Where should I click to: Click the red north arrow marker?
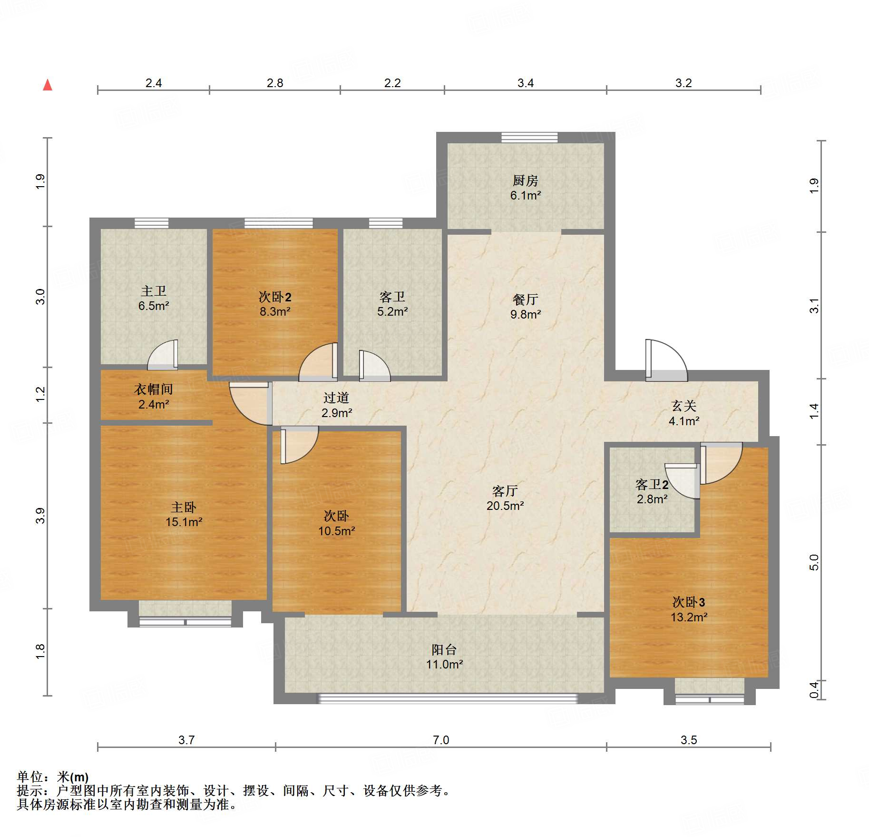tap(48, 85)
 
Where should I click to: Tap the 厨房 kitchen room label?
tap(525, 180)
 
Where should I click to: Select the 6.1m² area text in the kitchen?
tap(525, 195)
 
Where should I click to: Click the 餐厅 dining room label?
tap(525, 299)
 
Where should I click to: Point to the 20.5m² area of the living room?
tap(505, 506)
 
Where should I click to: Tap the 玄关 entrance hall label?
tap(683, 406)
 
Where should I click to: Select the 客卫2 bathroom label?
tap(652, 485)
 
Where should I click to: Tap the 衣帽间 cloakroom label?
tap(153, 389)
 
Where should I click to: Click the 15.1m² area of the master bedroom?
tap(184, 522)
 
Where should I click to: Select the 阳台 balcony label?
tap(444, 649)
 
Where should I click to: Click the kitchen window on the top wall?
tap(529, 138)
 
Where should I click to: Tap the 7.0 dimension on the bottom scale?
tap(440, 740)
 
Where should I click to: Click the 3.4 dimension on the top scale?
tap(525, 83)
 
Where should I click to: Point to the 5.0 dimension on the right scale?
tap(814, 562)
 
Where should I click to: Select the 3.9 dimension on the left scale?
tap(40, 516)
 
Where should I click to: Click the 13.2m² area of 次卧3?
tap(689, 617)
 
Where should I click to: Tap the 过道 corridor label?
tap(336, 398)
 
